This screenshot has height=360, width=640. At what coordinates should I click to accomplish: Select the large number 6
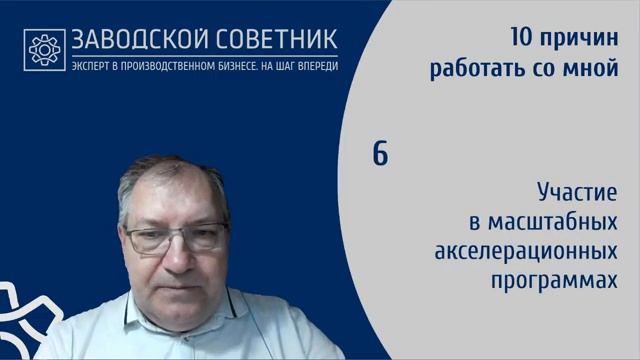point(380,155)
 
